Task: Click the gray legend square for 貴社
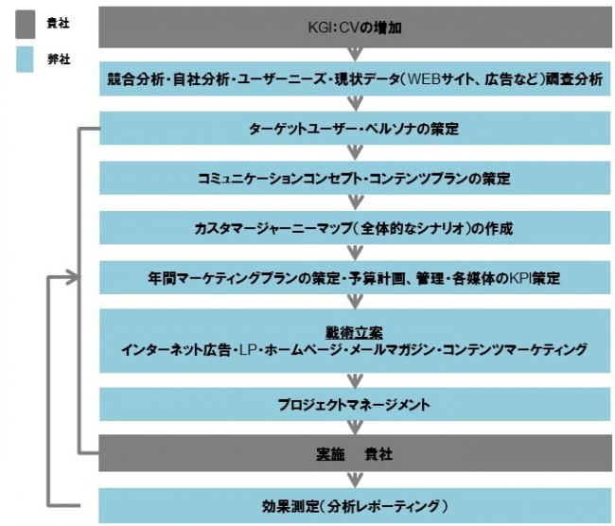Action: [26, 25]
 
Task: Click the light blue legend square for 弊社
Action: [25, 60]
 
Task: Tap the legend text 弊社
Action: [59, 60]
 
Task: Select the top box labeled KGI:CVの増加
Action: [355, 27]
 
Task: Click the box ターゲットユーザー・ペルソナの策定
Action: [355, 129]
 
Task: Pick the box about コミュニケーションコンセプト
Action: [355, 178]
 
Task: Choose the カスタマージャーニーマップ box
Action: [355, 228]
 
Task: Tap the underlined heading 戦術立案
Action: [354, 333]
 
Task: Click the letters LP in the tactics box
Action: [248, 349]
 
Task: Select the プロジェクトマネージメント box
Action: [355, 404]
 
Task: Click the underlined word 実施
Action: [330, 454]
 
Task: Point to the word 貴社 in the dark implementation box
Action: [378, 454]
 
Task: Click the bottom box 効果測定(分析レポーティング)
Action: [355, 506]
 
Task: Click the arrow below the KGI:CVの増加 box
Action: [355, 54]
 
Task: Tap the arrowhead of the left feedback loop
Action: [73, 278]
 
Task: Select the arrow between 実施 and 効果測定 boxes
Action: [355, 480]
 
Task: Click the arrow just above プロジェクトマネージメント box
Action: [355, 380]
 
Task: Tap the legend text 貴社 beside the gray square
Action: [58, 24]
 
